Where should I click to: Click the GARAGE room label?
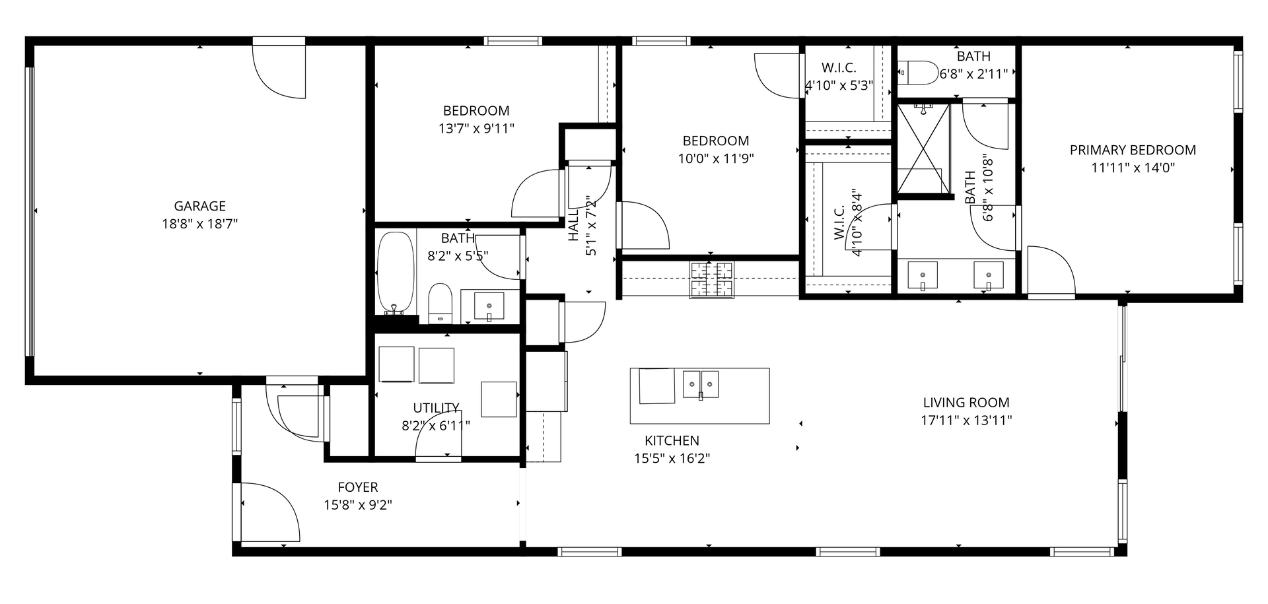199,206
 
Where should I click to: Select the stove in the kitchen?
711,280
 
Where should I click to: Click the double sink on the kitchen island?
700,384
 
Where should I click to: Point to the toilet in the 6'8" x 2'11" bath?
918,73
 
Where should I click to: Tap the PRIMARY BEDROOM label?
1132,151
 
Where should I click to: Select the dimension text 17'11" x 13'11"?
966,420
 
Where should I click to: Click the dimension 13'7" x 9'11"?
475,129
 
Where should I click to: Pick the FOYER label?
357,487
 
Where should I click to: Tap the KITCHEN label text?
672,440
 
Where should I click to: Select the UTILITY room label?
436,408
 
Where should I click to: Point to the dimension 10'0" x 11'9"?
715,158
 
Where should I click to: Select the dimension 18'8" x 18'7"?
199,224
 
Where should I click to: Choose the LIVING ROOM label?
966,402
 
